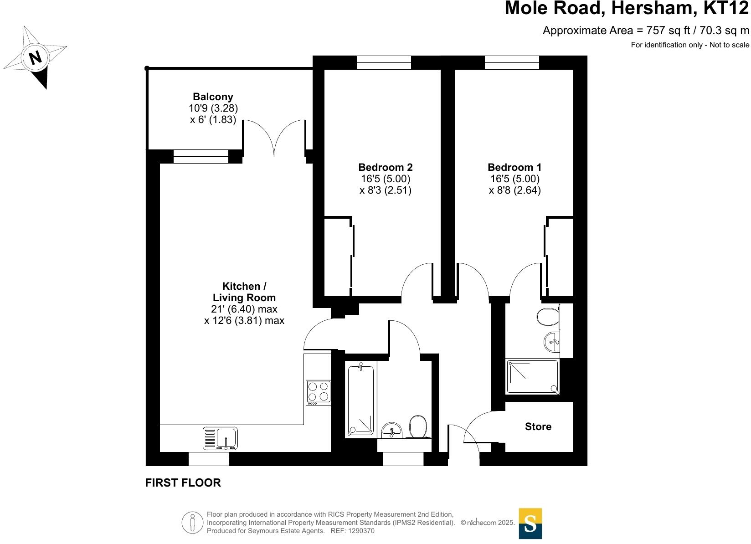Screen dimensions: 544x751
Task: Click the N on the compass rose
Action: click(35, 58)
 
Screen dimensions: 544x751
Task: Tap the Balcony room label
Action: click(213, 97)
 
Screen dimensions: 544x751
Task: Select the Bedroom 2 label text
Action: click(386, 168)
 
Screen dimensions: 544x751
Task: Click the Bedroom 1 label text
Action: click(514, 168)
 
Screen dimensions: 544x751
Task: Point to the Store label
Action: click(538, 427)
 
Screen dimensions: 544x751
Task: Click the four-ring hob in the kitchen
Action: click(318, 392)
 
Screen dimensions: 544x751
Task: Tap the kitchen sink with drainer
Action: click(221, 438)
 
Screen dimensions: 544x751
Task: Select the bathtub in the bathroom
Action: click(361, 399)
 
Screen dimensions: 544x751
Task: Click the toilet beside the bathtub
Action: click(418, 426)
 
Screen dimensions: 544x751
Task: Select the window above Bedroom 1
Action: click(512, 62)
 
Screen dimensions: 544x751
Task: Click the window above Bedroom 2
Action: click(384, 62)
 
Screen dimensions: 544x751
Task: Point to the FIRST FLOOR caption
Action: click(183, 483)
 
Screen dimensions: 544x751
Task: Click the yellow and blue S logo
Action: click(530, 523)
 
